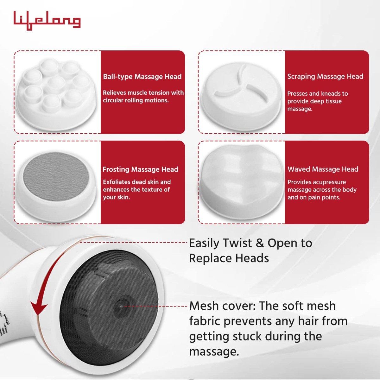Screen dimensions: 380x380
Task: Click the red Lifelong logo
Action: click(47, 21)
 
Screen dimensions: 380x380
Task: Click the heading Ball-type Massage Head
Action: click(142, 77)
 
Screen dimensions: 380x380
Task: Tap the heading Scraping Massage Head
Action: click(325, 76)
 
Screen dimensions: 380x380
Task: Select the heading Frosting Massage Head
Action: click(140, 169)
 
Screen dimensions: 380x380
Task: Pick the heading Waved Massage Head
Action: click(323, 169)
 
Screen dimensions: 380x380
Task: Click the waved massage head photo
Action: click(241, 182)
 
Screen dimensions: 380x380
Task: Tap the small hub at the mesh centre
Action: click(121, 307)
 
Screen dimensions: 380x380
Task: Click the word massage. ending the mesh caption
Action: click(214, 351)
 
